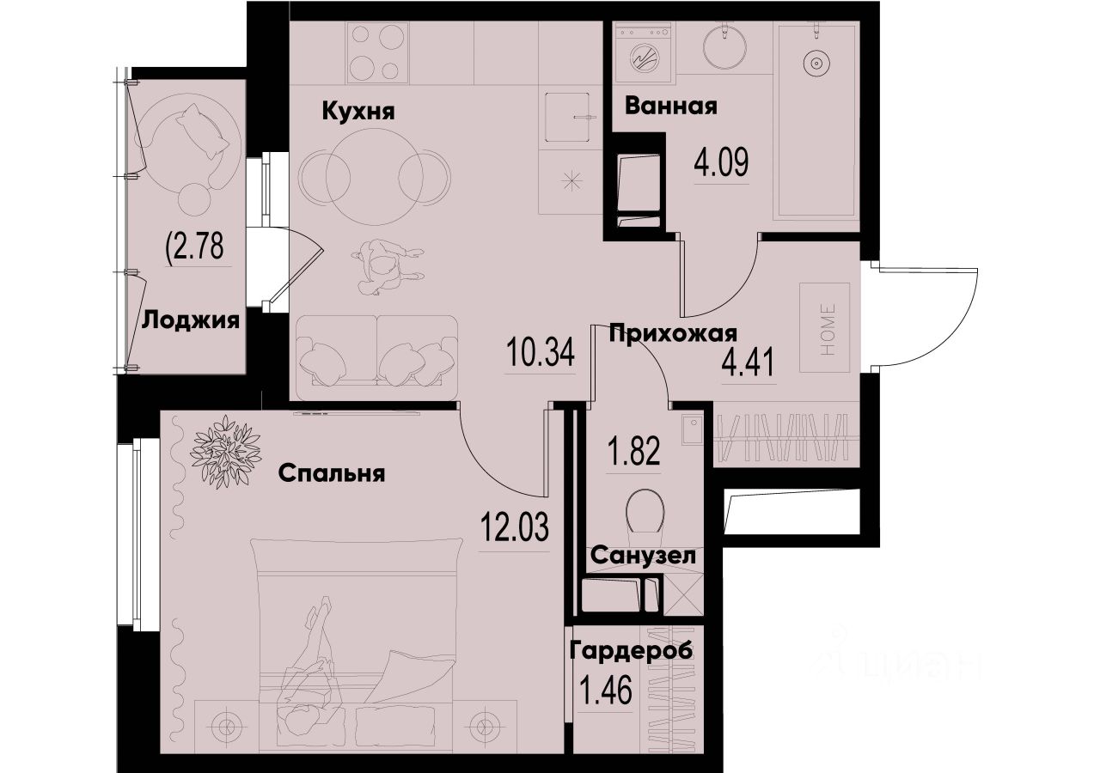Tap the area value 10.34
[x=540, y=354]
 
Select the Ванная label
[x=671, y=107]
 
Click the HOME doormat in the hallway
[x=824, y=327]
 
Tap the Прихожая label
[x=674, y=334]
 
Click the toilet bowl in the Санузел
[x=645, y=514]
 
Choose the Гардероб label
[x=631, y=650]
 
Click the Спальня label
[x=331, y=473]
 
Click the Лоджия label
[x=190, y=320]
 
